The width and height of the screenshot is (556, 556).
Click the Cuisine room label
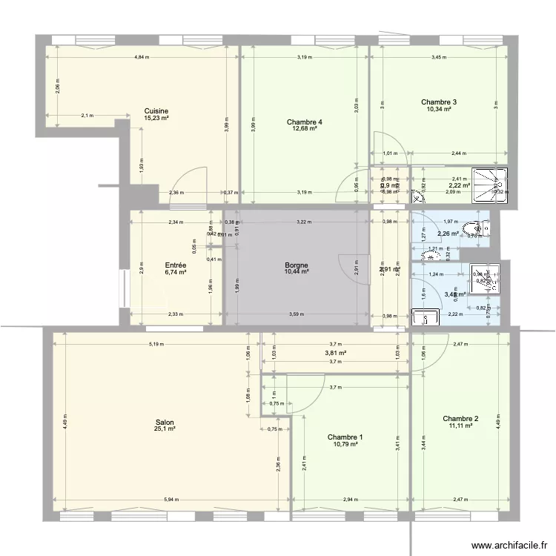coord(156,111)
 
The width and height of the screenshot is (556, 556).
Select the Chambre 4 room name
coord(305,122)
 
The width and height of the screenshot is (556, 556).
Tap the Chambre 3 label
coord(439,102)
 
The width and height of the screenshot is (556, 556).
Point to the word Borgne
coord(297,265)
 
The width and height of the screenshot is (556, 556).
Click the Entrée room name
coord(176,265)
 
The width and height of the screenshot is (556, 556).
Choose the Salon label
coord(165,422)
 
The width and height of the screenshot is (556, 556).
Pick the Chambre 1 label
coord(345,437)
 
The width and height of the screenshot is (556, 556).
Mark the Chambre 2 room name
coord(460,419)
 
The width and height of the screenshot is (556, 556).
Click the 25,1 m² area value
coord(165,428)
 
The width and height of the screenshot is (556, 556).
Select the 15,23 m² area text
coord(156,118)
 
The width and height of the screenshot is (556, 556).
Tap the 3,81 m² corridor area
coord(336,353)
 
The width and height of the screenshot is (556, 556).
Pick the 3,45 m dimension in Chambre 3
coord(440,58)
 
